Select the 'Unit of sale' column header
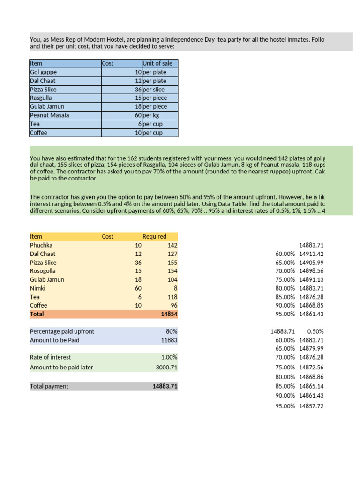point(157,63)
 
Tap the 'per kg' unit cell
point(152,115)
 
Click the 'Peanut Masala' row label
point(49,115)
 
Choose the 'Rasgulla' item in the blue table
point(41,98)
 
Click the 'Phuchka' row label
point(41,245)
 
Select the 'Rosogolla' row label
point(43,271)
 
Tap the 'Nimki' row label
point(37,288)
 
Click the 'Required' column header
point(154,236)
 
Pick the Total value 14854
point(168,314)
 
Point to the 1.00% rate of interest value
point(169,357)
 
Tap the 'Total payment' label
point(49,386)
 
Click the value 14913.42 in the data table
point(311,254)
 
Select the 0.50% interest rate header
point(315,331)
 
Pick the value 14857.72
point(311,406)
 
